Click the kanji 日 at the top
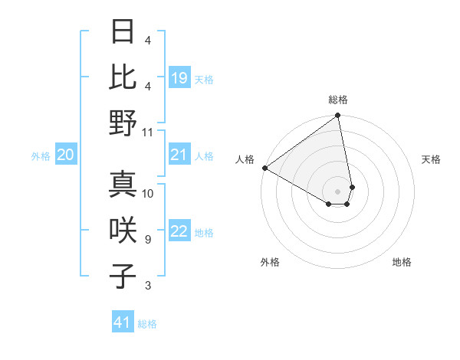pyautogui.click(x=123, y=32)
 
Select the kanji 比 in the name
pyautogui.click(x=123, y=77)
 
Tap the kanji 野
pyautogui.click(x=123, y=123)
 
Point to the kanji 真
pyautogui.click(x=123, y=185)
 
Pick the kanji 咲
pyautogui.click(x=123, y=231)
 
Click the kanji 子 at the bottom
pyautogui.click(x=123, y=277)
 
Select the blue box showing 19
pyautogui.click(x=179, y=78)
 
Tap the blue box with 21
pyautogui.click(x=179, y=155)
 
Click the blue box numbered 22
pyautogui.click(x=179, y=232)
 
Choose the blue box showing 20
pyautogui.click(x=66, y=155)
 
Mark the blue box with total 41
pyautogui.click(x=123, y=322)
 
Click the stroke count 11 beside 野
pyautogui.click(x=148, y=132)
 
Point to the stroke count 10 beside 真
pyautogui.click(x=148, y=193)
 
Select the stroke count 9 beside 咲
pyautogui.click(x=148, y=240)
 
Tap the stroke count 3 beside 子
pyautogui.click(x=148, y=286)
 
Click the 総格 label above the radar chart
pyautogui.click(x=337, y=100)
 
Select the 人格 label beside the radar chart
pyautogui.click(x=245, y=159)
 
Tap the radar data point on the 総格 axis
pyautogui.click(x=337, y=116)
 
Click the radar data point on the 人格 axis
pyautogui.click(x=264, y=168)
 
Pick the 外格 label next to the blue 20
pyautogui.click(x=41, y=156)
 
